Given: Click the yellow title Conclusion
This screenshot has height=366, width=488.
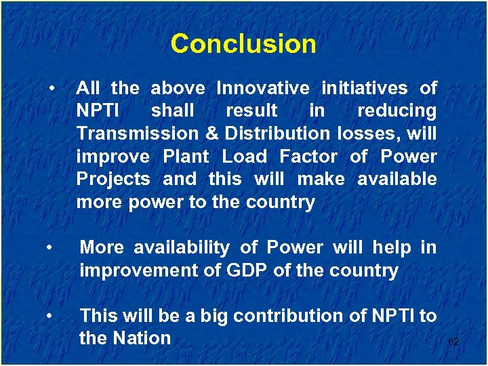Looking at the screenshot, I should click(x=243, y=44).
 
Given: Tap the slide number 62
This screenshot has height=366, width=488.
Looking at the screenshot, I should click(x=453, y=342).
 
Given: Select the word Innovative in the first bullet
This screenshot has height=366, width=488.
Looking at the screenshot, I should click(x=263, y=88).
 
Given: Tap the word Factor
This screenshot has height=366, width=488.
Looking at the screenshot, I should click(x=308, y=157).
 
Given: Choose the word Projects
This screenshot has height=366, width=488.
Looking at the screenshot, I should click(x=113, y=180).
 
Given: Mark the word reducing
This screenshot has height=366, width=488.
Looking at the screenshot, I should click(x=396, y=110).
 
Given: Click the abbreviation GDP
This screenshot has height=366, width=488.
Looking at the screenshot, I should click(x=244, y=271).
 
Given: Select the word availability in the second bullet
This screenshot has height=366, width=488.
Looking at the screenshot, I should click(x=178, y=248).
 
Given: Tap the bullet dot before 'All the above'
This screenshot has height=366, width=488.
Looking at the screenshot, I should click(x=52, y=88).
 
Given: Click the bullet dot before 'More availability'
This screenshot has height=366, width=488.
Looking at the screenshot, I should click(x=52, y=248).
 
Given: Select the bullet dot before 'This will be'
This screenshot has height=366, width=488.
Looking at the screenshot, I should click(x=52, y=316).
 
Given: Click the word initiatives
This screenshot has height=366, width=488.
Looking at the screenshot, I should click(x=364, y=88).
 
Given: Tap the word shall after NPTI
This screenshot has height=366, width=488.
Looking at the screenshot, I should click(x=173, y=110).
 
